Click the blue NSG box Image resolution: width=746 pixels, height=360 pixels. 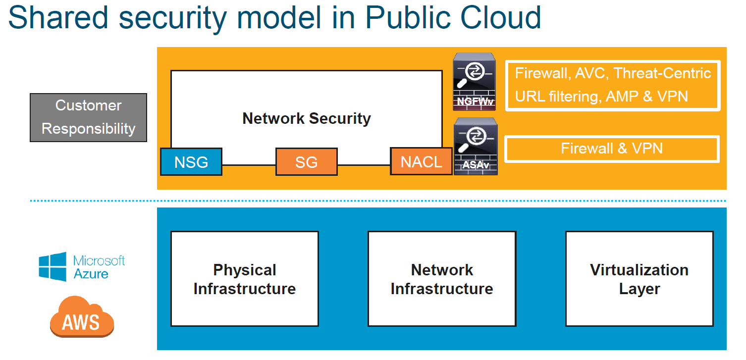coord(191,162)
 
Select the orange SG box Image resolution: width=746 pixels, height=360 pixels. coord(307,162)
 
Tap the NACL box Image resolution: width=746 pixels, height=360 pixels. coord(421,161)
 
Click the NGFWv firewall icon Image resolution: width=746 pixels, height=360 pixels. coord(474,82)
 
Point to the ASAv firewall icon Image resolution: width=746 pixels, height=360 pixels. coord(476,146)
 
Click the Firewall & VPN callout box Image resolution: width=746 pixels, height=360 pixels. coord(612,149)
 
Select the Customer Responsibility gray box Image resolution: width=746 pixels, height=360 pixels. coord(88,117)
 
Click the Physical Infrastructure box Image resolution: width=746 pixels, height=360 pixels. coord(245,279)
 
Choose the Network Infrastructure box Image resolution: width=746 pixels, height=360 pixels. coord(442,279)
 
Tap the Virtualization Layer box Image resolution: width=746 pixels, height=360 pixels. coord(639,279)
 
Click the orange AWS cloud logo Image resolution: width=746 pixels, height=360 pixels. coord(82,317)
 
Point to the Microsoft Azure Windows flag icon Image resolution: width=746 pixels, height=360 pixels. coord(53,266)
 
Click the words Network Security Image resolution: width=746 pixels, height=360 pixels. coord(307,118)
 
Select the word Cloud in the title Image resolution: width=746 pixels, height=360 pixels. coord(500,18)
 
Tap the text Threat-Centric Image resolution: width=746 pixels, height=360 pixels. coord(662,73)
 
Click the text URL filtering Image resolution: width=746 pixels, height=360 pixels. coord(558,97)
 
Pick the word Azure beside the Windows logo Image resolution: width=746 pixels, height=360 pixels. coord(91,274)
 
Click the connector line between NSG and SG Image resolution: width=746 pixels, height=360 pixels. coord(249,165)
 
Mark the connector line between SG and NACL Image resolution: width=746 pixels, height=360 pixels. coord(364,165)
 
